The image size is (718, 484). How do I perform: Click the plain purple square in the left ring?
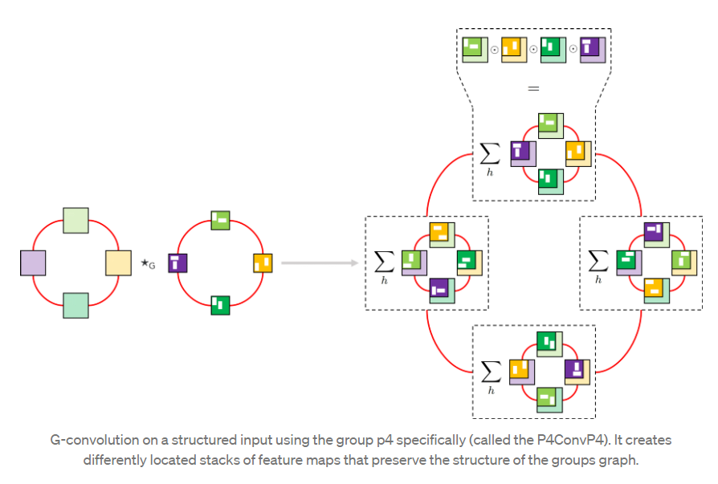(33, 262)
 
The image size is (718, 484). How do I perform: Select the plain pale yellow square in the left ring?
(118, 262)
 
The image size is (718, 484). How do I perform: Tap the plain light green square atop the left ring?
(75, 219)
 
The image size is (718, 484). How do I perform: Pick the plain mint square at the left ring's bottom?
(75, 306)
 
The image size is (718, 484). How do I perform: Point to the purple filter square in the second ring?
(177, 262)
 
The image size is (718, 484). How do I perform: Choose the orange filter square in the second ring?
(263, 262)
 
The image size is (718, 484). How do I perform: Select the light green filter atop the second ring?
(220, 220)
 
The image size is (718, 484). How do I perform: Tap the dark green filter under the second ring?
(220, 305)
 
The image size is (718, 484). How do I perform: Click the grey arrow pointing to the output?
(318, 262)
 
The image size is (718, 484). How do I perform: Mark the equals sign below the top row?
(533, 87)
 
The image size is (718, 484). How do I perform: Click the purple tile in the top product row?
(592, 49)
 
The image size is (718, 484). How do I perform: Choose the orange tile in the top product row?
(514, 49)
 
